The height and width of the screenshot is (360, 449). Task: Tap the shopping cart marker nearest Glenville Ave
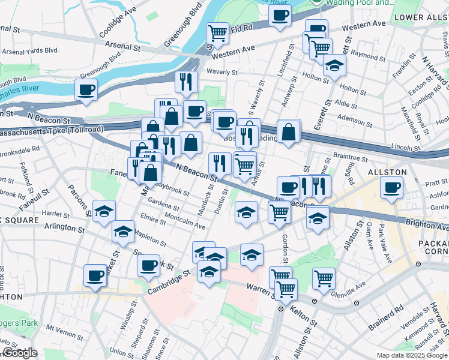coord(324,278)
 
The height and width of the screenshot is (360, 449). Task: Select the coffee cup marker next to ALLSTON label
coord(392,187)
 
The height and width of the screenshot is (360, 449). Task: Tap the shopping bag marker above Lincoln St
coord(289,131)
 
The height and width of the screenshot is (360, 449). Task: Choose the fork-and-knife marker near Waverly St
coord(187,81)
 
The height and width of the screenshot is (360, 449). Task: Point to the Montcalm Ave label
coord(184,223)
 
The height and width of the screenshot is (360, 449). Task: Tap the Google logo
coord(20,353)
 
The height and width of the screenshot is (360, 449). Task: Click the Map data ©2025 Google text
coord(412,355)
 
